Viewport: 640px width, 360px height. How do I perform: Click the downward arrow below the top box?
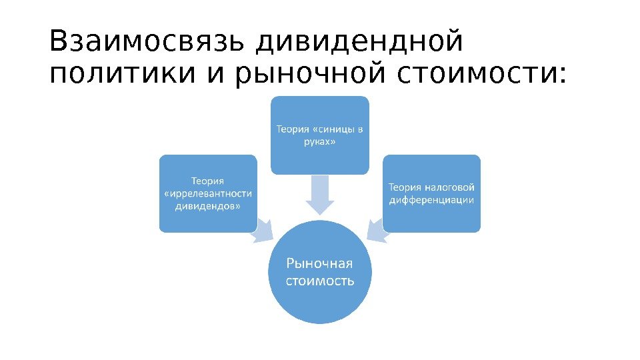320,195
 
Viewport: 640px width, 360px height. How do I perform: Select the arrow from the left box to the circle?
262,231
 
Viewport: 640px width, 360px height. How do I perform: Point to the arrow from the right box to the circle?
378,231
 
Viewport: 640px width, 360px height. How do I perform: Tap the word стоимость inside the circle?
320,281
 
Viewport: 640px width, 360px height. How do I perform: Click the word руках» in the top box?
319,141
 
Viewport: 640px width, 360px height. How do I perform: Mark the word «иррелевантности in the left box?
208,193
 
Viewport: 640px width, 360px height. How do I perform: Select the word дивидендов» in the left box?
208,206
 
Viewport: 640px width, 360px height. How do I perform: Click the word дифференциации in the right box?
431,200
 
